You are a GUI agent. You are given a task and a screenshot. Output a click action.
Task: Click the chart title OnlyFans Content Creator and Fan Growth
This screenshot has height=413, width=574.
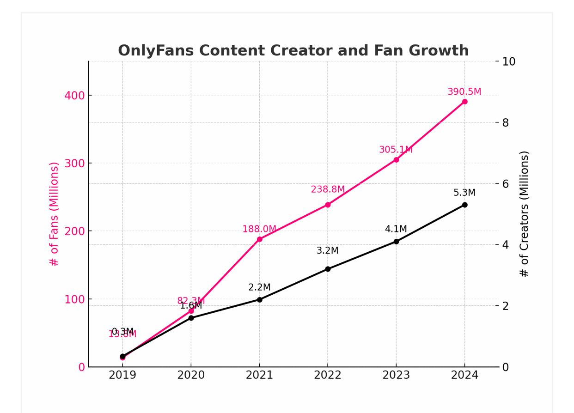[x=293, y=51]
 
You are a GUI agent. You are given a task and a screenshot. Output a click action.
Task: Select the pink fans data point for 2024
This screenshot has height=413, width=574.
[x=464, y=102]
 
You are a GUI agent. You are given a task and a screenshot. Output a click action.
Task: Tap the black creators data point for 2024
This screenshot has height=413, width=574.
[x=464, y=205]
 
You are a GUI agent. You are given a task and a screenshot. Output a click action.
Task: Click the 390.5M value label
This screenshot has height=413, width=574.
[x=464, y=92]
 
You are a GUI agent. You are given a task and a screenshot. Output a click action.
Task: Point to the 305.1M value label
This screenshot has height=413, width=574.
[x=396, y=150]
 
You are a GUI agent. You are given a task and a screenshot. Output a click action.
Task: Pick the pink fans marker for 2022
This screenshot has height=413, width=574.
[x=328, y=205]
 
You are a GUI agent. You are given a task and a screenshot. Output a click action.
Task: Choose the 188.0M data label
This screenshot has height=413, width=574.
[x=259, y=229]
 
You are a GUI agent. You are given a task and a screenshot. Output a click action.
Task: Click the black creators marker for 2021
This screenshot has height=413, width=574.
[x=259, y=300]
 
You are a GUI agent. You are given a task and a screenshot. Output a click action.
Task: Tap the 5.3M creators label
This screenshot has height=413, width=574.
[x=464, y=193]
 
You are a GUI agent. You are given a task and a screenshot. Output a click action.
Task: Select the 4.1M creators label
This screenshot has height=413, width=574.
[x=396, y=229]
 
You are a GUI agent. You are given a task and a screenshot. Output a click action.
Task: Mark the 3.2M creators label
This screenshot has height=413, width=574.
[x=327, y=251]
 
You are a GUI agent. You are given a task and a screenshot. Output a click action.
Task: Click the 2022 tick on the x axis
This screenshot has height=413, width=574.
[x=328, y=375]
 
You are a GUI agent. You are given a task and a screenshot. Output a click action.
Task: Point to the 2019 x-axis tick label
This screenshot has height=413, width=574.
[x=122, y=375]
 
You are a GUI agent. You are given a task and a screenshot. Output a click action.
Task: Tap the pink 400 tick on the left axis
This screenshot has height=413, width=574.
[x=74, y=96]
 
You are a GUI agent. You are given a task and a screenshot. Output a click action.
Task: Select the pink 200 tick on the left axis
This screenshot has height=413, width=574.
[x=74, y=231]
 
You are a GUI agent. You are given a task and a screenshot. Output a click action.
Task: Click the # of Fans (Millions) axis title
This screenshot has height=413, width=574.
[x=54, y=214]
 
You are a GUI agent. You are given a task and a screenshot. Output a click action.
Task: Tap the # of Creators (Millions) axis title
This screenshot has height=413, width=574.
[x=524, y=214]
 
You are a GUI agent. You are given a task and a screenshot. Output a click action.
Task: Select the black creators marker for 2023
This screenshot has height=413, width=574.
[x=396, y=242]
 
